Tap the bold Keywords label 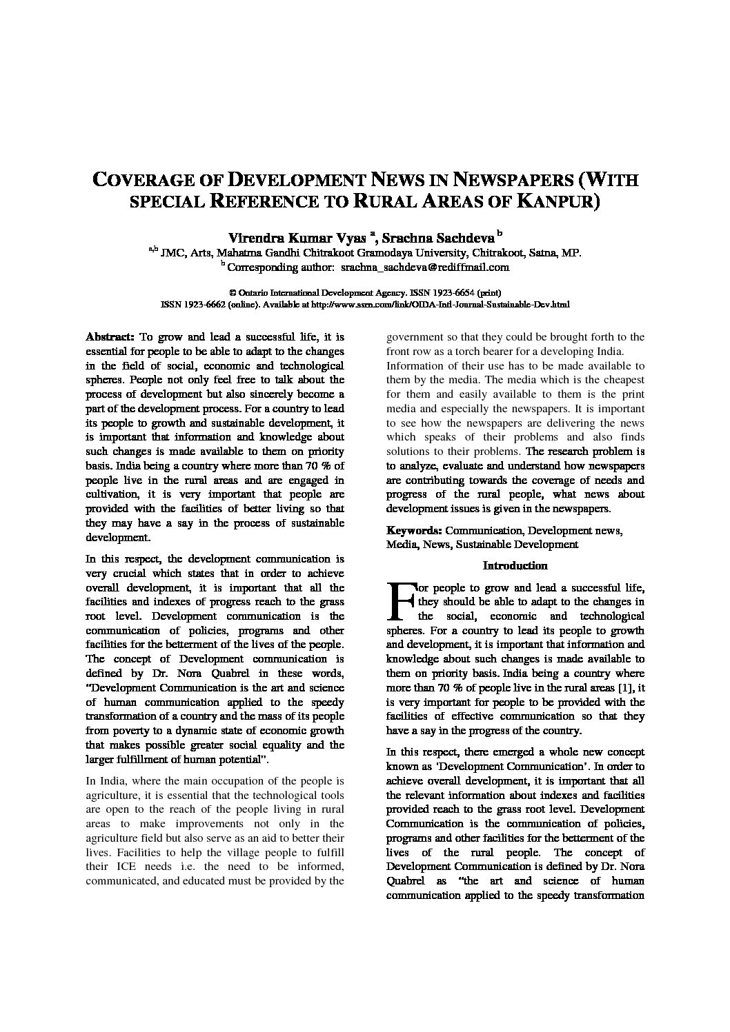click(x=414, y=531)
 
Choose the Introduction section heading click(x=515, y=566)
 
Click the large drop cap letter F click(x=401, y=601)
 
